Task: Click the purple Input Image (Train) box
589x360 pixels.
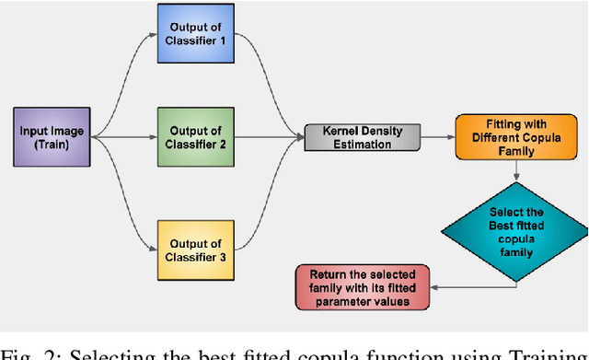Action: (52, 138)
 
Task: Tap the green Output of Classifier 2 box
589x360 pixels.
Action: (196, 138)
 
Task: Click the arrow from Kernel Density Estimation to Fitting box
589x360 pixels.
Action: (436, 137)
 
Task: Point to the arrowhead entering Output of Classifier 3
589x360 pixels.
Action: (152, 248)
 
